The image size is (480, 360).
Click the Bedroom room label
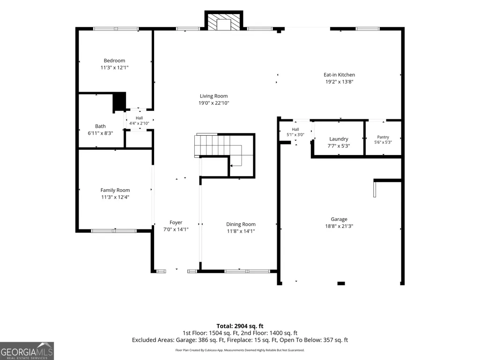pos(114,60)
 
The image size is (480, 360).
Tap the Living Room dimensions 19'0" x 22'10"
pos(214,103)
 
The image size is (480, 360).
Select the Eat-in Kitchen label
pos(339,75)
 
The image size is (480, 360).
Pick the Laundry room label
pos(339,139)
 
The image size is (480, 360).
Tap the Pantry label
pos(383,137)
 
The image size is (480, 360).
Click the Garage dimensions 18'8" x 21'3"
pos(339,226)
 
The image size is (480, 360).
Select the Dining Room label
pos(241,224)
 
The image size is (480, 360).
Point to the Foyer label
pos(176,222)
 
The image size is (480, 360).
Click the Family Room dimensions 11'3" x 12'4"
pos(115,197)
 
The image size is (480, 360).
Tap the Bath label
pos(100,126)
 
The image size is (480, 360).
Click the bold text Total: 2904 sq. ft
pos(240,326)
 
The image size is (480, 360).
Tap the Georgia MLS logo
pos(27,351)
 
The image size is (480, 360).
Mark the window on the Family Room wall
pos(114,231)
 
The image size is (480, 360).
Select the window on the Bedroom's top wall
pos(116,29)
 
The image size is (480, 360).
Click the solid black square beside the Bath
pos(119,102)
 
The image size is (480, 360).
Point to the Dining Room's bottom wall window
pos(247,271)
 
